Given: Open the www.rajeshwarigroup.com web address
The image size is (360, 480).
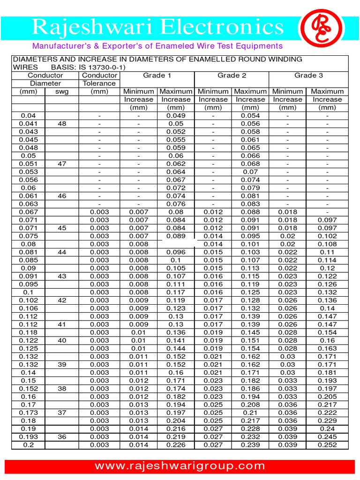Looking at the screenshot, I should (x=180, y=466).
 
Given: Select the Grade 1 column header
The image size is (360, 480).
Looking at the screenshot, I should (x=157, y=75).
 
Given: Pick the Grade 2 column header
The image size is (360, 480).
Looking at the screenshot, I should (x=232, y=75).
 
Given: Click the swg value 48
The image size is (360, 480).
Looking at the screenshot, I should (x=62, y=123).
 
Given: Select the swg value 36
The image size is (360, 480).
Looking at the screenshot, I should (x=62, y=437).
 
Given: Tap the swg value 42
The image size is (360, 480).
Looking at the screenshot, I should (x=62, y=300).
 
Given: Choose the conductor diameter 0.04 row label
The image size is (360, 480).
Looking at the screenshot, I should (x=28, y=115).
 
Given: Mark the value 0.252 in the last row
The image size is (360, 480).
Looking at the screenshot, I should (x=327, y=445).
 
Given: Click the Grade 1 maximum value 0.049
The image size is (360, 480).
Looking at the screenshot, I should (x=176, y=115).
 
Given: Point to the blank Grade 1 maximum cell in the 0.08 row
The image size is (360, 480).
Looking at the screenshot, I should (x=176, y=244).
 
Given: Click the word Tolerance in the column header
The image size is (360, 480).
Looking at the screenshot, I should (x=99, y=83).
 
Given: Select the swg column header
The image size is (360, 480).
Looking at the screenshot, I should (x=62, y=91).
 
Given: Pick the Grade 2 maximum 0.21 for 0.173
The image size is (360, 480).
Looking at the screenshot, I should (x=250, y=412).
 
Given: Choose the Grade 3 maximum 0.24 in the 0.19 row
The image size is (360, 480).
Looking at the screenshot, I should (x=327, y=428).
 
